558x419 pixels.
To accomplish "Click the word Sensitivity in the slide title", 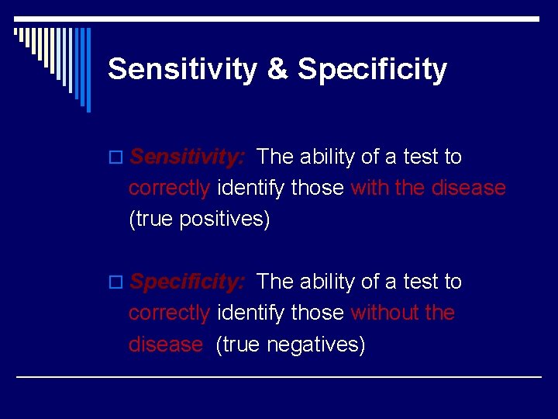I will (x=182, y=70).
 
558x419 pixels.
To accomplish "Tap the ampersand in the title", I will (x=277, y=70).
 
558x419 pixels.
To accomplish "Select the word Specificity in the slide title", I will (x=372, y=70).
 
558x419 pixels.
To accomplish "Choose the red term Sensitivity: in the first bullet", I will (x=188, y=158).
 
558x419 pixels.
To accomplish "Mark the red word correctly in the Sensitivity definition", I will (x=169, y=189).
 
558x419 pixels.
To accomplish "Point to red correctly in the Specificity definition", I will (x=169, y=313).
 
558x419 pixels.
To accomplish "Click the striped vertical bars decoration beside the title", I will (x=54, y=62).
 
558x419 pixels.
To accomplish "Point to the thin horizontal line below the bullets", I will (x=279, y=376).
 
